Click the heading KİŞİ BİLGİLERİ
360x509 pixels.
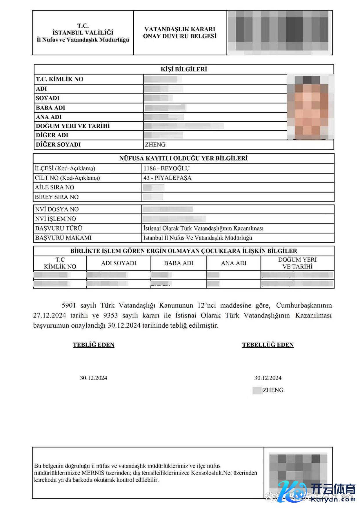tap(184, 69)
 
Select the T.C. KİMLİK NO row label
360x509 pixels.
tap(59, 79)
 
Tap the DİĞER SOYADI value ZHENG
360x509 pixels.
tap(155, 145)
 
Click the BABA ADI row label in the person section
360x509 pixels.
tap(50, 108)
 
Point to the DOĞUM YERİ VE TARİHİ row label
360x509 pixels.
tap(73, 126)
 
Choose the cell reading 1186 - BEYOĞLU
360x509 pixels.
tap(166, 168)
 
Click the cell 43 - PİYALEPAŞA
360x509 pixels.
tap(168, 178)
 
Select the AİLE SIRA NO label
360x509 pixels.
tap(54, 187)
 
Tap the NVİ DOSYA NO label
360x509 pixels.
tap(57, 209)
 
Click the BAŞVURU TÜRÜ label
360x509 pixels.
tap(59, 228)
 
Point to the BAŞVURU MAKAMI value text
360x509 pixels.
tap(198, 238)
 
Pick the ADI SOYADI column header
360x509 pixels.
tap(119, 263)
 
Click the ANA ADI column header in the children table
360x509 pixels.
tap(234, 263)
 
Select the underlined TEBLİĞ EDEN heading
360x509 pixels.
tap(94, 345)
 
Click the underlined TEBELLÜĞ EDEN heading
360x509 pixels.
tap(268, 345)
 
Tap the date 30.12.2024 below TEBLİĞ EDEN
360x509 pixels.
tap(94, 378)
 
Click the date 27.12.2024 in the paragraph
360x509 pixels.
tap(50, 315)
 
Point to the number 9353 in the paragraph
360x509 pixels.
tap(110, 315)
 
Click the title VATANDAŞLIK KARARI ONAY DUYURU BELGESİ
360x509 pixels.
tap(180, 33)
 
